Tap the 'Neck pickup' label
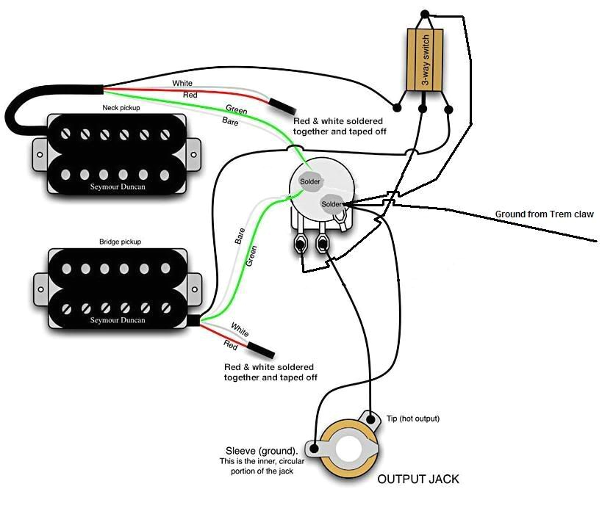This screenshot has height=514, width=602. [121, 108]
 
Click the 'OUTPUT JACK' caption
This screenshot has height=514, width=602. [418, 479]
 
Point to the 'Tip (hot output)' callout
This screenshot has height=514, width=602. [412, 419]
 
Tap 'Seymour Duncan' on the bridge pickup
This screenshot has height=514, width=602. [118, 320]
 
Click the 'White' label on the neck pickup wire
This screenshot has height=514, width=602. [182, 84]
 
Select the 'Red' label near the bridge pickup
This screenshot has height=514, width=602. [231, 344]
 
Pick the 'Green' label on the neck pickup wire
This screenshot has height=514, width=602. [236, 110]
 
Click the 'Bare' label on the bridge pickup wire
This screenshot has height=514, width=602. [240, 236]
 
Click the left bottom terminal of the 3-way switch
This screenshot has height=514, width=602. [398, 109]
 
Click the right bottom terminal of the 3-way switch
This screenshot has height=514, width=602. [449, 109]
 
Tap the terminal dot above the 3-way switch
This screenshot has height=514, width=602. [425, 15]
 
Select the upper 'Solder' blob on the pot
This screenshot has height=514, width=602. [309, 181]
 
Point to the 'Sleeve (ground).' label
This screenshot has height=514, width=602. [262, 450]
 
